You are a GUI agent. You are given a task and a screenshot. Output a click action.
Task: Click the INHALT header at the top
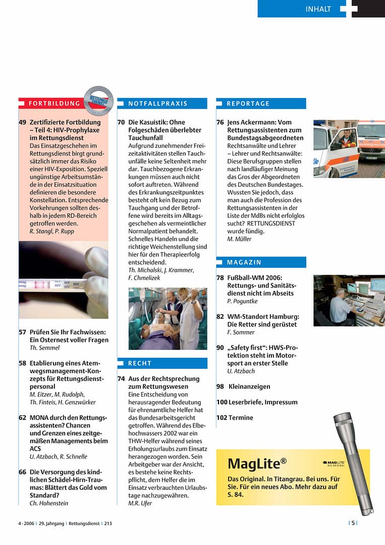tap(318, 9)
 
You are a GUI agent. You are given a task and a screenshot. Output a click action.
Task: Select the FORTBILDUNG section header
tap(54, 104)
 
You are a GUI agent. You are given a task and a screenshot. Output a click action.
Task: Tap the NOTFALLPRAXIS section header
tap(157, 104)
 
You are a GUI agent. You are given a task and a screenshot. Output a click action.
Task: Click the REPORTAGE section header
tap(248, 104)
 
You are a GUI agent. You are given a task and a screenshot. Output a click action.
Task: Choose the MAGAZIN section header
tap(244, 262)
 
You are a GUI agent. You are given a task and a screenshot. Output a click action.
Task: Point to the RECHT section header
tap(140, 363)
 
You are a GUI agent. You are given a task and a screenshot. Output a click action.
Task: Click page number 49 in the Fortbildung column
tap(23, 122)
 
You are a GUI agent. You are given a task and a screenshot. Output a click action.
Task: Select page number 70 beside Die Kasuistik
tap(121, 122)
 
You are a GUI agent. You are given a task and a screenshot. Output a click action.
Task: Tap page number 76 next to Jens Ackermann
tap(220, 122)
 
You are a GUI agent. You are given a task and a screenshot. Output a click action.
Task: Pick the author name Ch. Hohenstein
tap(49, 503)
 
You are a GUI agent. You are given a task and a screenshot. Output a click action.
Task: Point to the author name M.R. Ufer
tap(140, 503)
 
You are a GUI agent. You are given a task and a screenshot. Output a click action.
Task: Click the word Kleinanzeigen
tap(249, 386)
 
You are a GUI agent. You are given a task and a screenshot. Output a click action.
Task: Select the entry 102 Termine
tap(235, 418)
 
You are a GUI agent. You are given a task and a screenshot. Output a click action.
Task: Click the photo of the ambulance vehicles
tap(349, 148)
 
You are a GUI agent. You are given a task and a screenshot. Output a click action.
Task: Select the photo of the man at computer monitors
tap(349, 300)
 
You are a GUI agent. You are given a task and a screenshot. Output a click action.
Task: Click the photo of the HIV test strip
tap(63, 280)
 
